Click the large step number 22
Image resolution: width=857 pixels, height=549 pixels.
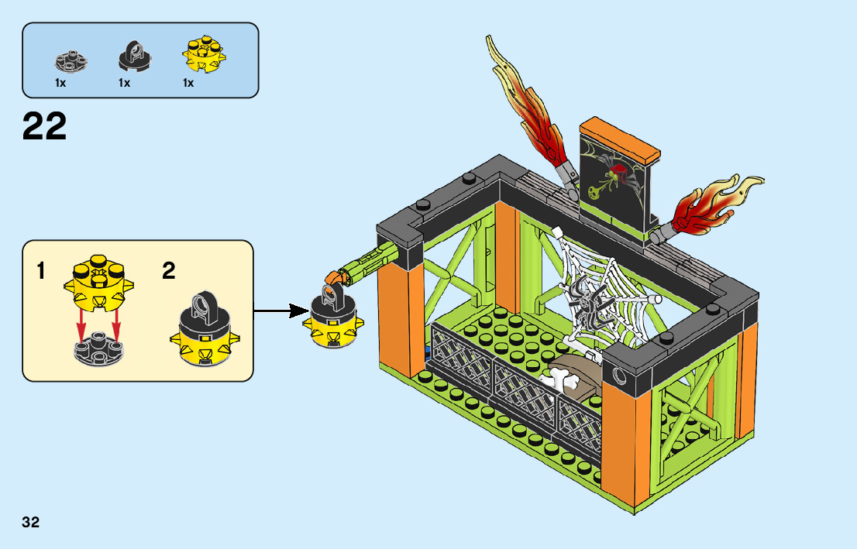44,127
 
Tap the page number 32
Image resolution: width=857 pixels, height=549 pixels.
31,522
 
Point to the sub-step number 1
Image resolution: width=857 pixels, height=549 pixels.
40,272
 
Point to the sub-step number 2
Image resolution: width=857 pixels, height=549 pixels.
169,271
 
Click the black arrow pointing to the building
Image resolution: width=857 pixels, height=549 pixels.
280,311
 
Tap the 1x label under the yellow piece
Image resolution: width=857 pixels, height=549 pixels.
188,83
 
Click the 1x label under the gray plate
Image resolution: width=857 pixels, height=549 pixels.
60,83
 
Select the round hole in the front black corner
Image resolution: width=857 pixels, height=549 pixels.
620,376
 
